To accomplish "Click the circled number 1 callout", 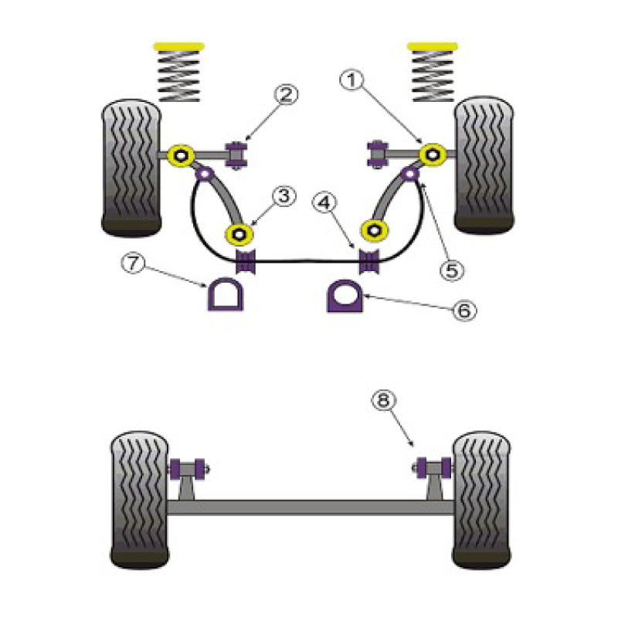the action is (351, 81).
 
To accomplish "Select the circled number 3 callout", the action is (284, 196).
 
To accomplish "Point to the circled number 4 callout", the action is (324, 203).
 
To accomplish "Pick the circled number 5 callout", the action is (452, 270).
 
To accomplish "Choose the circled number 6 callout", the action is (464, 311).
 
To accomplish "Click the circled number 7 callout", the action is (133, 263).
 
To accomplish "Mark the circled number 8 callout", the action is (383, 401).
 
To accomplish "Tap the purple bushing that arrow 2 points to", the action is (236, 154).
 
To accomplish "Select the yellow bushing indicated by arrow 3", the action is (239, 235).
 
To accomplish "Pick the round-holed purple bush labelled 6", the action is (345, 296).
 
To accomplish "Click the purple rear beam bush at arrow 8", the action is (434, 468).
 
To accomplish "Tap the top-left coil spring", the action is (179, 76).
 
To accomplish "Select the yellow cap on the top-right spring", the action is (433, 46).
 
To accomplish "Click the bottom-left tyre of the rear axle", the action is (140, 500).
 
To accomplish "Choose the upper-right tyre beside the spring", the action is (484, 165).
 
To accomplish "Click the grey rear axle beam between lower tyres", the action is (311, 507).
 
